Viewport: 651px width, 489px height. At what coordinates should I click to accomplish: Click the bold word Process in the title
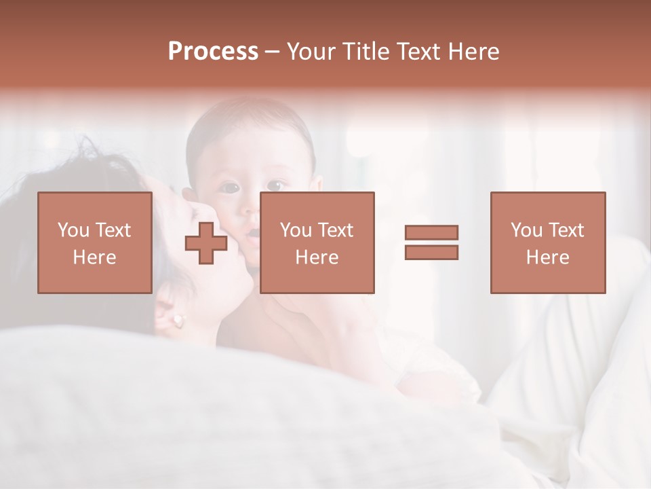point(213,52)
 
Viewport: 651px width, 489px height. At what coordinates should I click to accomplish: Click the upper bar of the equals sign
point(431,233)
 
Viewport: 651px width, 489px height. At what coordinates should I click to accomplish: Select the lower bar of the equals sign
point(431,253)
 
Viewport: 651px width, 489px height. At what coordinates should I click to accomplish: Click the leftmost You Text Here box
point(94,242)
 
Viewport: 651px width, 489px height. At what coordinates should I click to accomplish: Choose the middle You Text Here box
point(317,242)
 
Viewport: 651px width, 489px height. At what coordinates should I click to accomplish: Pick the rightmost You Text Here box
point(547,242)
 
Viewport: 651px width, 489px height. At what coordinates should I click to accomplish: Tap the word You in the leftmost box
point(73,230)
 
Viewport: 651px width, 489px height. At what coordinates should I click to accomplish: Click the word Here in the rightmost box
point(547,257)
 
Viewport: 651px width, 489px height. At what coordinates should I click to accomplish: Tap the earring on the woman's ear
point(178,319)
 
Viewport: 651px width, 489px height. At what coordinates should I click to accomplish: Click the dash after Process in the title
point(272,52)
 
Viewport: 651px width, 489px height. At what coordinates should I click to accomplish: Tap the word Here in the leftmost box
point(94,257)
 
